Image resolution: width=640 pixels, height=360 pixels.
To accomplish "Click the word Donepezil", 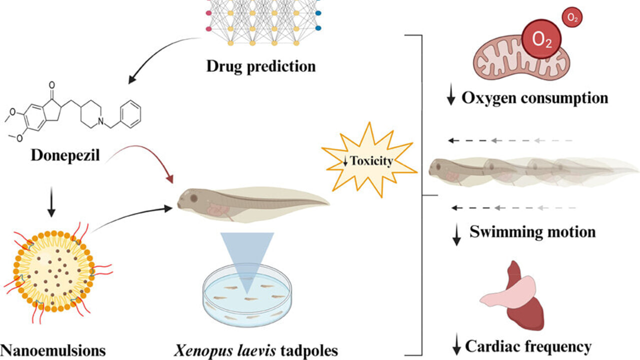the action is [x=65, y=156].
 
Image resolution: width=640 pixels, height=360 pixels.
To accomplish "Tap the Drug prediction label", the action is [x=261, y=66].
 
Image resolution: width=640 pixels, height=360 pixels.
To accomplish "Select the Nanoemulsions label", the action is [x=53, y=350].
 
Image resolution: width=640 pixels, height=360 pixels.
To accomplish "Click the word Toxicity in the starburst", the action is [x=371, y=161].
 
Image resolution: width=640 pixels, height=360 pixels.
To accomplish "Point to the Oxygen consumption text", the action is [x=535, y=98].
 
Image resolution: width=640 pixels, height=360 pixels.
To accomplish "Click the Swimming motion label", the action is [x=532, y=231].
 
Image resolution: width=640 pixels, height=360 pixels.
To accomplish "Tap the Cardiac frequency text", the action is [x=528, y=347].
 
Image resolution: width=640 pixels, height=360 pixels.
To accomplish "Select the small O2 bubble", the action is [x=572, y=18].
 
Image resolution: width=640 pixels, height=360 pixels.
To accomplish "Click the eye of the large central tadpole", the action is [x=194, y=198].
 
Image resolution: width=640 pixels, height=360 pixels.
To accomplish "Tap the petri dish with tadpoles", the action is [x=247, y=295].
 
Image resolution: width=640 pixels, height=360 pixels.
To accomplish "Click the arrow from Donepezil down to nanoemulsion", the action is [x=51, y=202].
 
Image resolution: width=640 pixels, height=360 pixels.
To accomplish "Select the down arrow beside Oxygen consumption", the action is [x=451, y=94].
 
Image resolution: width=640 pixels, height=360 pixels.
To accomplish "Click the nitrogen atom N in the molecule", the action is [x=100, y=121].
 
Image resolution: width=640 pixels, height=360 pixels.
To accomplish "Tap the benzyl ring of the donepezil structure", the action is [x=130, y=114].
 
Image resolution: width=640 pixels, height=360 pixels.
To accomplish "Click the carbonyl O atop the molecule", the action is [x=51, y=85].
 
